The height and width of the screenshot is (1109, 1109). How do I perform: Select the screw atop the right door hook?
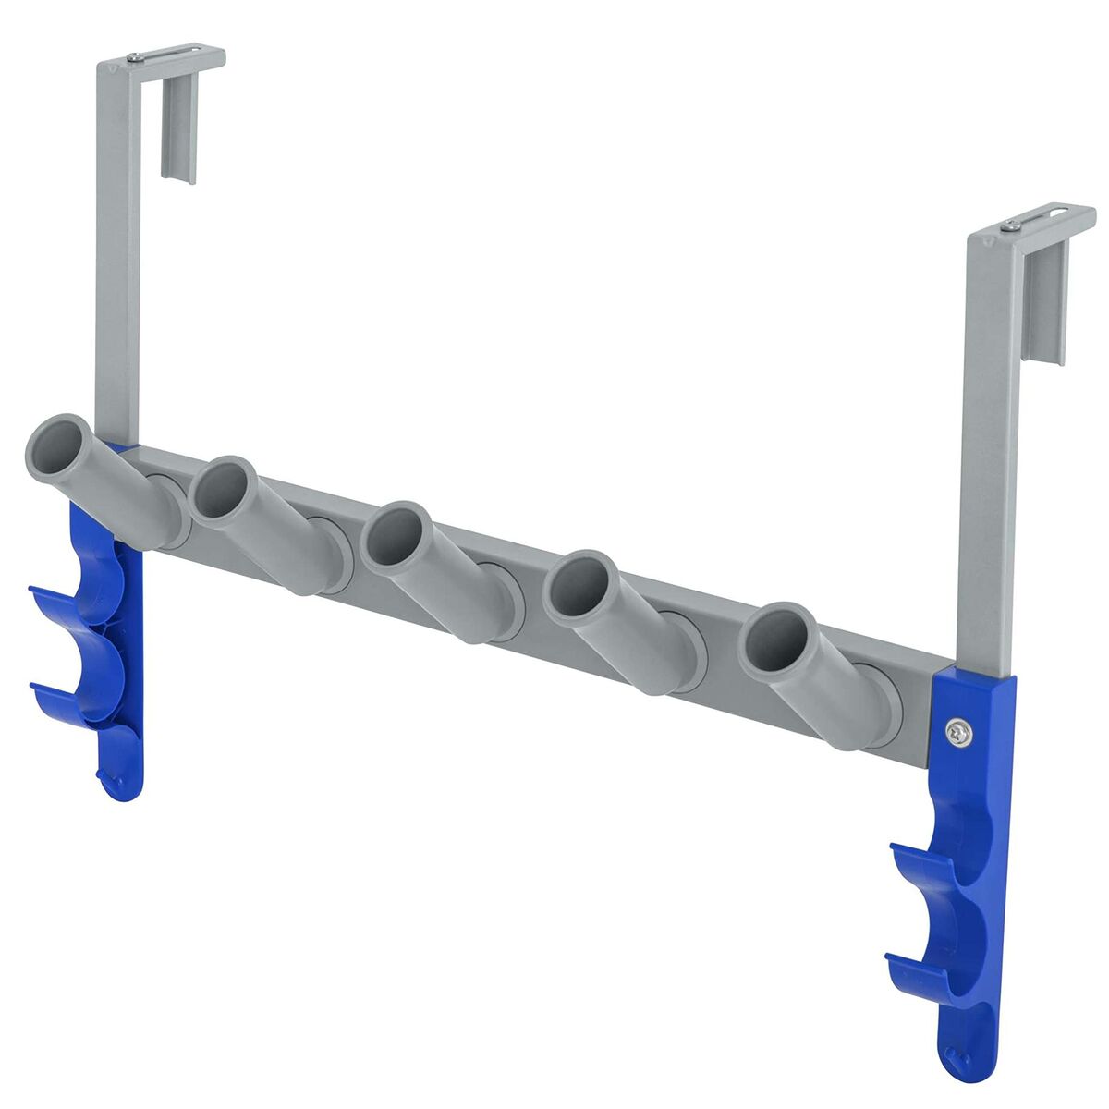[1013, 225]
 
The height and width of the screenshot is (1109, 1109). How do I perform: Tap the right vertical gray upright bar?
[988, 444]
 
